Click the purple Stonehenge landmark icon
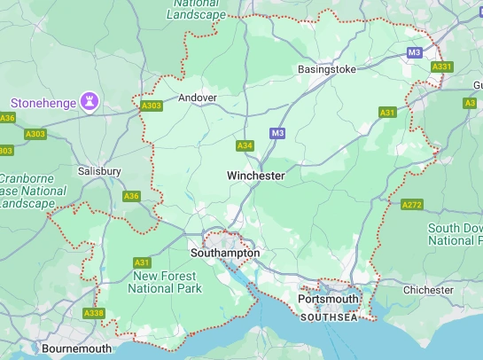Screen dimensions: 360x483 [89, 102]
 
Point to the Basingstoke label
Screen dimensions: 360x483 [327, 69]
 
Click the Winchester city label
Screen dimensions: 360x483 [255, 176]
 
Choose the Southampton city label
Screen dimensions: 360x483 [225, 253]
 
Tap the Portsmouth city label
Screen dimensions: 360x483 [328, 299]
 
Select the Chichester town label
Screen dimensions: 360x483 [427, 290]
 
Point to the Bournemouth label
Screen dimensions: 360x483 [77, 348]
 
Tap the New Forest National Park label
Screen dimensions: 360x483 [166, 282]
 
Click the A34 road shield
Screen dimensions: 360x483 [245, 145]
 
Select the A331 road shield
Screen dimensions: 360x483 [441, 67]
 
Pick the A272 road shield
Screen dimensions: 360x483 [411, 205]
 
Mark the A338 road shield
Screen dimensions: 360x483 [94, 313]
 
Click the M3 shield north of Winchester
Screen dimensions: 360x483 [277, 133]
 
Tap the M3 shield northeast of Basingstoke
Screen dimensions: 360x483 [414, 53]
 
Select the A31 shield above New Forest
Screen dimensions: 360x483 [142, 262]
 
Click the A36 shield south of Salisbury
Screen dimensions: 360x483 [132, 196]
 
